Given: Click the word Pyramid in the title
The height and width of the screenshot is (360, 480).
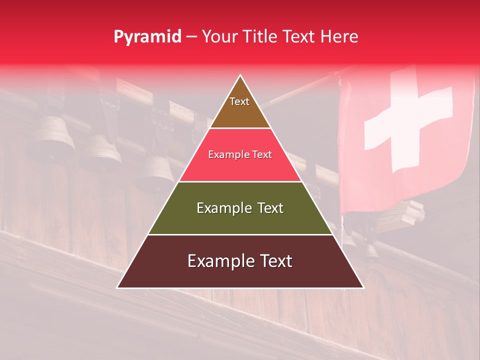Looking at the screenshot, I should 147,37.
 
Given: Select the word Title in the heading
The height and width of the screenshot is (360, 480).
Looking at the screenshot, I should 263,37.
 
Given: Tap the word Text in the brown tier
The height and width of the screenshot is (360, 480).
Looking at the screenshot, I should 239,101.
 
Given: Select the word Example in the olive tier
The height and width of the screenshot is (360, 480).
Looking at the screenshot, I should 219,208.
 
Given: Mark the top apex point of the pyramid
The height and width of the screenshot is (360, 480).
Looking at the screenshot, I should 240,75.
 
